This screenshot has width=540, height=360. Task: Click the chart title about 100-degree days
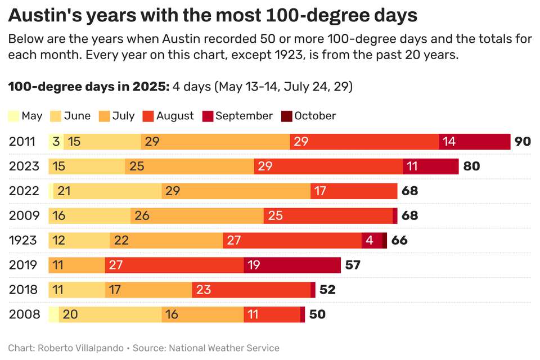(213, 15)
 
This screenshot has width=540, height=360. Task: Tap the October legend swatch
(287, 116)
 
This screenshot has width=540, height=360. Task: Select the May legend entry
(25, 116)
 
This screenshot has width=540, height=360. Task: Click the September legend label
(244, 116)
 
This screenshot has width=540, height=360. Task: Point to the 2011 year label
(22, 141)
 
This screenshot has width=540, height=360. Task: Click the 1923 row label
(22, 240)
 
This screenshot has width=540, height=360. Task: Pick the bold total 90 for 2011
(523, 141)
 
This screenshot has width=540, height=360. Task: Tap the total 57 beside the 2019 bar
(353, 265)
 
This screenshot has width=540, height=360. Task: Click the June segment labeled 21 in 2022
(107, 191)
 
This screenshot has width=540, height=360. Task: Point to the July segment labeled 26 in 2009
(197, 215)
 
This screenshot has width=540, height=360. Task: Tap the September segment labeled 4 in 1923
(372, 240)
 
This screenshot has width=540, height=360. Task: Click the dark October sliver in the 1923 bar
(385, 240)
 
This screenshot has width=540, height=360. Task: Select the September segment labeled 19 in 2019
(292, 265)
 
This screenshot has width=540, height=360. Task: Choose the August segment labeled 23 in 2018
(251, 290)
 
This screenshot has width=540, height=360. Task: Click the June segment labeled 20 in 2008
(110, 314)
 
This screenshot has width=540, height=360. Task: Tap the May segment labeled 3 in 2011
(56, 141)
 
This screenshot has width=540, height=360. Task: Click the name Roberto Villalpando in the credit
(80, 348)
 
